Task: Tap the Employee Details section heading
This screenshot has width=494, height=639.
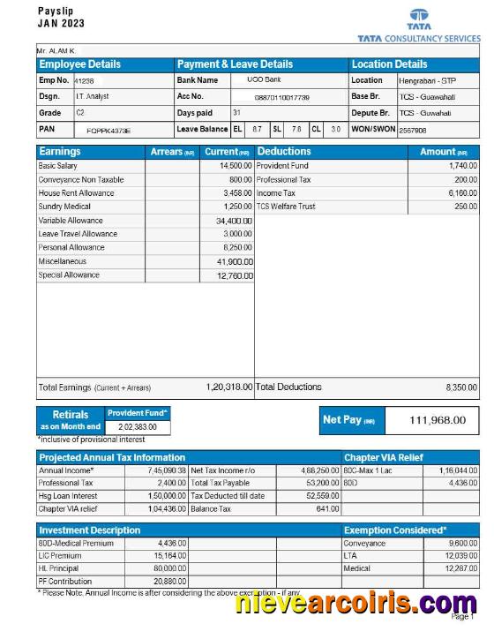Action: [x=80, y=64]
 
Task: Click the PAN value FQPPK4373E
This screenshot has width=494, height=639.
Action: [x=109, y=130]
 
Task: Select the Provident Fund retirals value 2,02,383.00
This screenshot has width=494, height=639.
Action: [x=138, y=427]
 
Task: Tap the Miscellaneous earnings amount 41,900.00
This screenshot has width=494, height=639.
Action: [x=234, y=262]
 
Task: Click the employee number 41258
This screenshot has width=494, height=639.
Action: [x=84, y=81]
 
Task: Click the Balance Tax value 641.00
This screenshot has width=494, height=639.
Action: [x=327, y=508]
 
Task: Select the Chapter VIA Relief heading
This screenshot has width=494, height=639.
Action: [x=384, y=458]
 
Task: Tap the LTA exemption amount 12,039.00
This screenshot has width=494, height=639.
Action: [x=460, y=556]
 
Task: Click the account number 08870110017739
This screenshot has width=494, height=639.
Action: [x=281, y=97]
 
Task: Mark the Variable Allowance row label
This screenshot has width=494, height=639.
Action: [x=71, y=221]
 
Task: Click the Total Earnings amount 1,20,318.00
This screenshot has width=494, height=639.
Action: [x=228, y=387]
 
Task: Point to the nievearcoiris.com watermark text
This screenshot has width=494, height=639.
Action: [x=356, y=605]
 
